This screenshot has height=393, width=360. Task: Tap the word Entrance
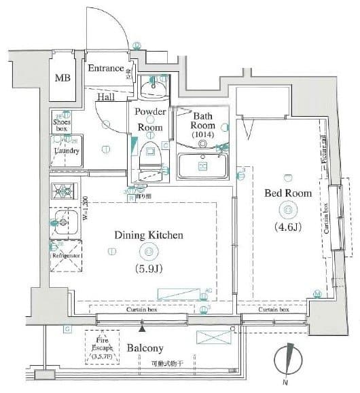click(x=105, y=69)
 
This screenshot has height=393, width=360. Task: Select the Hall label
click(x=105, y=97)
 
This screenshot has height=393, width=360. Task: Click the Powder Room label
click(x=150, y=119)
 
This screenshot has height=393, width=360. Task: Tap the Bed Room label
click(x=289, y=193)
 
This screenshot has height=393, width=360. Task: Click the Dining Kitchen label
click(x=149, y=236)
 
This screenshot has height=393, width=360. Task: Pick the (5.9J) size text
click(x=149, y=268)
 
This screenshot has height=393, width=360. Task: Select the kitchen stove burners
click(x=65, y=191)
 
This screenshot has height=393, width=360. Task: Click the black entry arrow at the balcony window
click(x=141, y=329)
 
